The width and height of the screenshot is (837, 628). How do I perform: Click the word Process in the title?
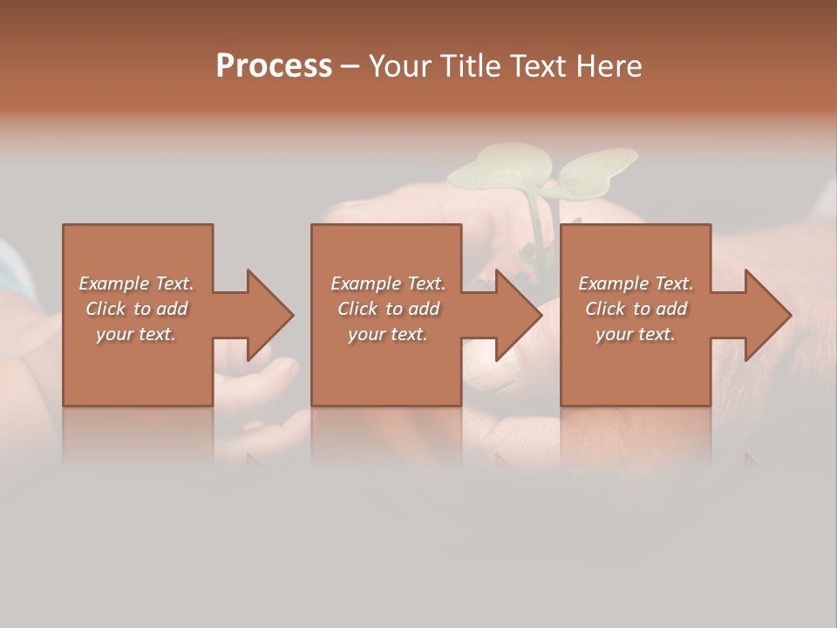pyautogui.click(x=274, y=66)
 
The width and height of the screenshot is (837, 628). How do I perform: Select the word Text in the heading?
pyautogui.click(x=537, y=66)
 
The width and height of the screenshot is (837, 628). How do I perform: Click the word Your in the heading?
pyautogui.click(x=402, y=66)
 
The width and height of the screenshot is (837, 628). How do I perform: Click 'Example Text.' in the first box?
pyautogui.click(x=136, y=283)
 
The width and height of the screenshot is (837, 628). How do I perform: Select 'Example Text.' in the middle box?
pyautogui.click(x=388, y=283)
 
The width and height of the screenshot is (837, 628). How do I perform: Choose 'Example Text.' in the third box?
pyautogui.click(x=636, y=283)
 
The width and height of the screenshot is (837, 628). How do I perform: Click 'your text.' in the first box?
pyautogui.click(x=136, y=334)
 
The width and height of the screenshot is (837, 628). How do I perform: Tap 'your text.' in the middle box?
pyautogui.click(x=388, y=334)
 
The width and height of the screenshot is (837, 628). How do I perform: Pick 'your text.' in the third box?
pyautogui.click(x=636, y=334)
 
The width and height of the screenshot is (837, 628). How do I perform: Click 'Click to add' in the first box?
pyautogui.click(x=136, y=309)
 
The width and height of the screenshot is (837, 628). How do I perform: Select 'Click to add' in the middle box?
pyautogui.click(x=388, y=309)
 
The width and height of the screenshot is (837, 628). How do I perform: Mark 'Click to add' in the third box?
pyautogui.click(x=636, y=309)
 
